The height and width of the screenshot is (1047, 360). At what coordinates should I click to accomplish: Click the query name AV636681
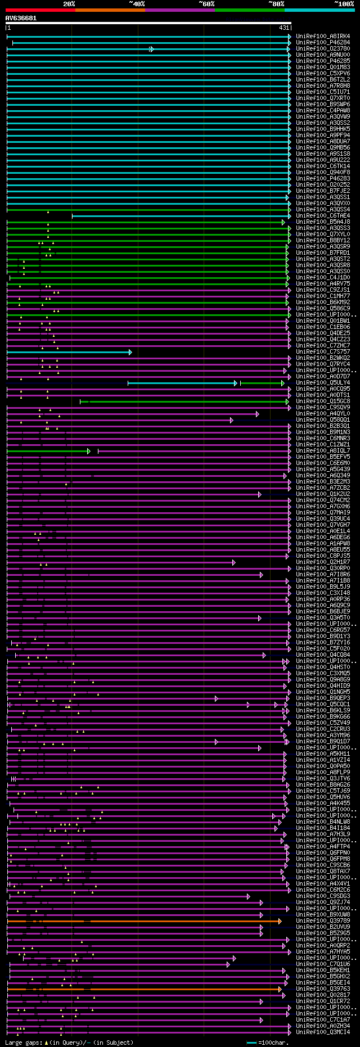[21, 18]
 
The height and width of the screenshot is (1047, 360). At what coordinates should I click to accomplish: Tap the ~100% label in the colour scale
[344, 4]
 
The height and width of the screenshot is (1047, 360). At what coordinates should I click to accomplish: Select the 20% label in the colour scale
[69, 4]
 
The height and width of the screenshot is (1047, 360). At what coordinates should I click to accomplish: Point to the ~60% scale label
[206, 4]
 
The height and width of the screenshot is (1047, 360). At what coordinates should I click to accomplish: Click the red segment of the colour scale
[40, 10]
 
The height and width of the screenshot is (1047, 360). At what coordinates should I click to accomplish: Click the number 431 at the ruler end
[283, 28]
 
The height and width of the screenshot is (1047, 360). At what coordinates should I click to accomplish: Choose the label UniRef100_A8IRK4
[323, 37]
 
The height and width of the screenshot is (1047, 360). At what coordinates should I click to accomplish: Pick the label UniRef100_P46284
[323, 43]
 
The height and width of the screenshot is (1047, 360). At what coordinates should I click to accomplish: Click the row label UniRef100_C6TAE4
[323, 216]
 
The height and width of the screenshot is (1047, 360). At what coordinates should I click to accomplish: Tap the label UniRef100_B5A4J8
[323, 222]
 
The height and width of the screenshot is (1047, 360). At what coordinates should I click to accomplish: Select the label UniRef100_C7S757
[323, 352]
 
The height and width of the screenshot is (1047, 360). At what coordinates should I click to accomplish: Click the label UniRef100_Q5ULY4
[323, 383]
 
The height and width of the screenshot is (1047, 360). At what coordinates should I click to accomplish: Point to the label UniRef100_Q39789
[323, 921]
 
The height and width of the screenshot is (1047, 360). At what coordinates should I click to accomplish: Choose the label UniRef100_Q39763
[323, 989]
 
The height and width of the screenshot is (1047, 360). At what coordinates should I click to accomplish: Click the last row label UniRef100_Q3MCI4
[323, 1032]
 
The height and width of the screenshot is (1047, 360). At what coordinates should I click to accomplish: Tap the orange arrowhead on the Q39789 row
[280, 921]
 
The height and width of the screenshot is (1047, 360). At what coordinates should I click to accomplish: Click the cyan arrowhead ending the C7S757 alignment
[130, 352]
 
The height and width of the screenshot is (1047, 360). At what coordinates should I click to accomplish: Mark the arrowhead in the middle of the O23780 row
[151, 49]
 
